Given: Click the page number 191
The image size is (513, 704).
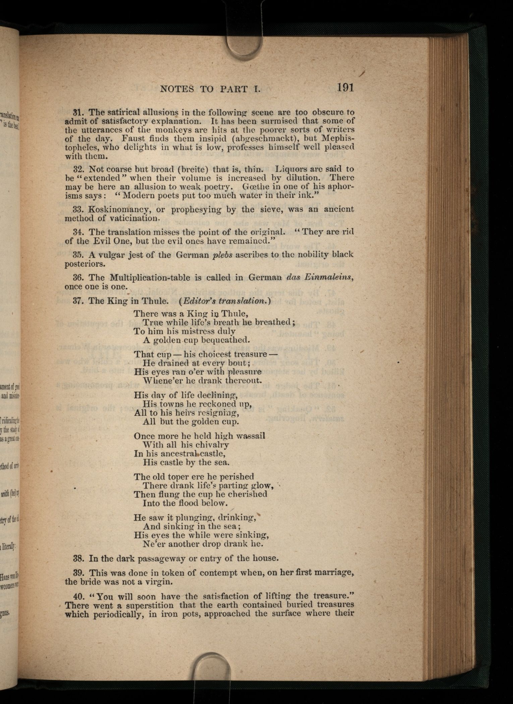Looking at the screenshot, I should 345,88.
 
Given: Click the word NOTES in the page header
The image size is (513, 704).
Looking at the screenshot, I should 177,89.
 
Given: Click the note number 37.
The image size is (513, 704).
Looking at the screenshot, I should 78,301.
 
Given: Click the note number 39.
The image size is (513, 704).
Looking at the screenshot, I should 78,573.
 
